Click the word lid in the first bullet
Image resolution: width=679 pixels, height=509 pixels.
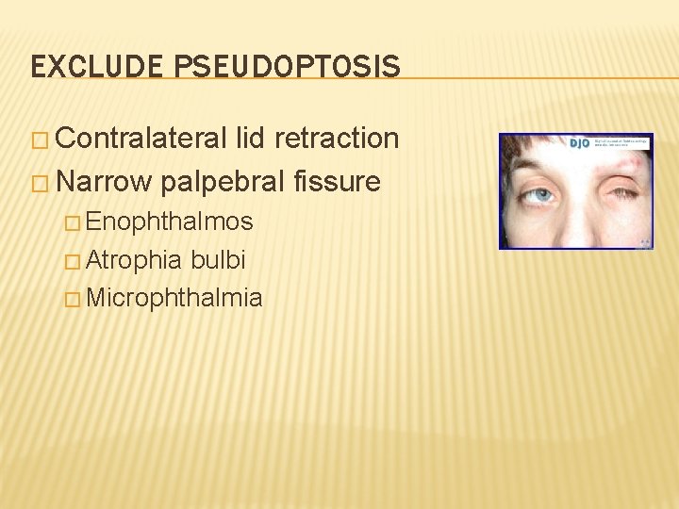tap(254, 139)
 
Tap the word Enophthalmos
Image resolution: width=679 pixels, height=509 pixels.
tap(169, 222)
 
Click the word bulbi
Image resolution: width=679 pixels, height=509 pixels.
tap(218, 260)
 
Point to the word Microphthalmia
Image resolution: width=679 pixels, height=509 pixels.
tap(174, 299)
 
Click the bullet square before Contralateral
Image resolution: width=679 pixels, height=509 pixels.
tap(41, 140)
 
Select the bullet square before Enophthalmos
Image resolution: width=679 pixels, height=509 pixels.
tap(73, 223)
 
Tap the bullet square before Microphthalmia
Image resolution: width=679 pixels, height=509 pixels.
tap(73, 301)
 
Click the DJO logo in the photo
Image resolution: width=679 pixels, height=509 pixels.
tap(579, 143)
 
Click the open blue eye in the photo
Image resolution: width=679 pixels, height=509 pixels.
tap(539, 196)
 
